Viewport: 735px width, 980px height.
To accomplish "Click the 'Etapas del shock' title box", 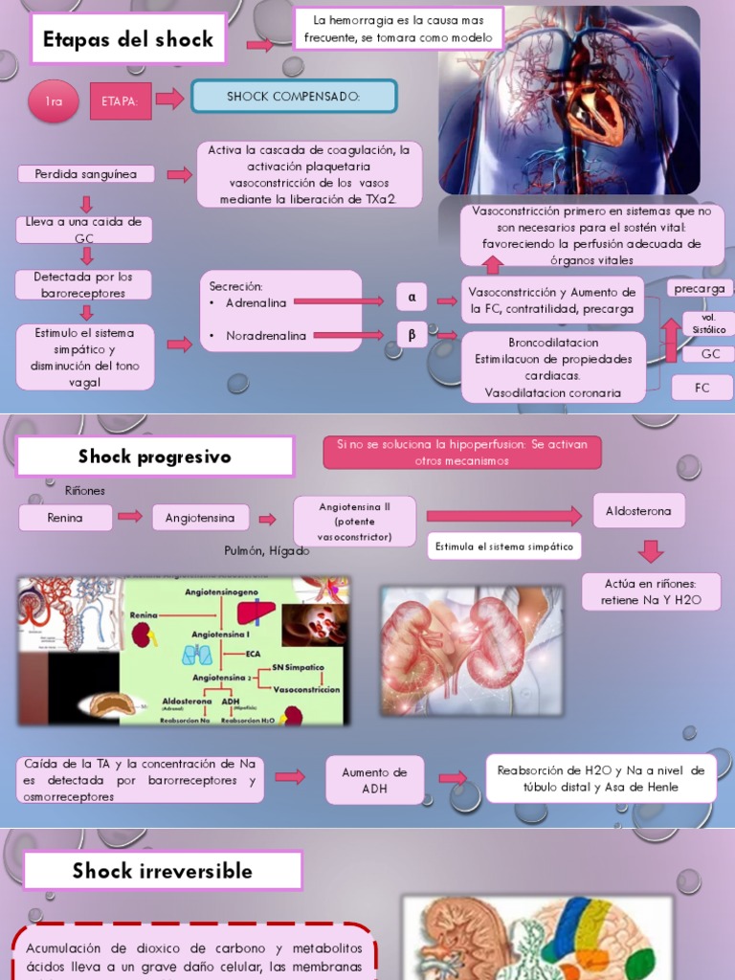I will point(128,40).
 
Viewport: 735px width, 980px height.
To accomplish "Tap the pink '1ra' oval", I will point(54,101).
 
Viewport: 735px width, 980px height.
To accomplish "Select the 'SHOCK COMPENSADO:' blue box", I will point(294,97).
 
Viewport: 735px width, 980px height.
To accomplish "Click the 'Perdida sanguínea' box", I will point(85,174).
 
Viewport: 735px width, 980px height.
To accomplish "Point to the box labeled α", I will point(412,298).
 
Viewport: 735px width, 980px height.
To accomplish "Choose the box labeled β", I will point(412,334).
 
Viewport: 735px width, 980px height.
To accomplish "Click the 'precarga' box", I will point(699,288).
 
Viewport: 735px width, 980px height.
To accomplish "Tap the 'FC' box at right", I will point(702,388).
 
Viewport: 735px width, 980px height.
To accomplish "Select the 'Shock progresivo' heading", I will point(155,457).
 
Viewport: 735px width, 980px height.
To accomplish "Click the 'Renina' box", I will point(65,518).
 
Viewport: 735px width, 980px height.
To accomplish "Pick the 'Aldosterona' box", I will point(638,511).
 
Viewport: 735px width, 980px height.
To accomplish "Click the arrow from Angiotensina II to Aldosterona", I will point(503,517).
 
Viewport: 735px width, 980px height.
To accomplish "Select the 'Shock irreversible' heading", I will point(163,871).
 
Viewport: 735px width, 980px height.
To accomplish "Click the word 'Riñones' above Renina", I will point(85,491).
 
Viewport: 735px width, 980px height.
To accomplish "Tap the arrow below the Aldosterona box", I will point(651,550).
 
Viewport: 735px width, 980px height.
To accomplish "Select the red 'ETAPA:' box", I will point(121,101).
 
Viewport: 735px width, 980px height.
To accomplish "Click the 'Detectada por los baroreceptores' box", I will point(83,284).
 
